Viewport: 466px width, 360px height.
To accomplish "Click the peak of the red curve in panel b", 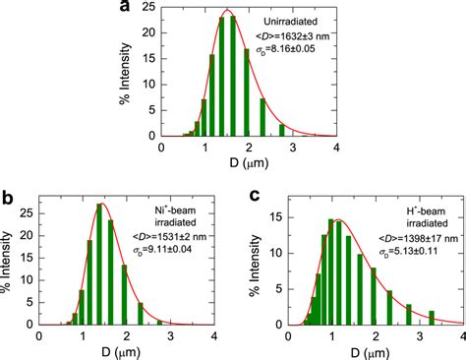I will coord(101,204).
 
